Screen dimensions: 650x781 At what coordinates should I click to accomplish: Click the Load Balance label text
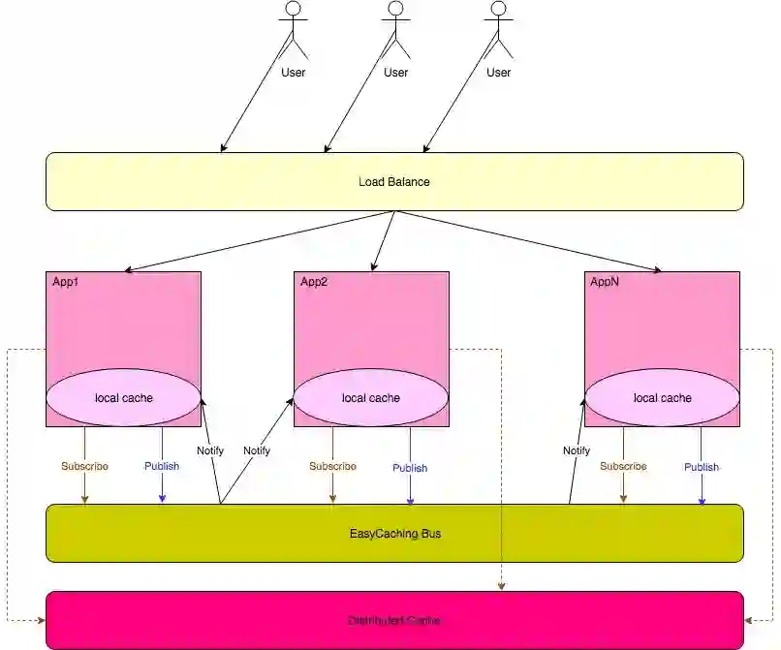[393, 182]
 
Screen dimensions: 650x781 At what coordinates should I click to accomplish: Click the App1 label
[66, 282]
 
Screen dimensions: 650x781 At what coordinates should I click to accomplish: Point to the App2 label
[314, 282]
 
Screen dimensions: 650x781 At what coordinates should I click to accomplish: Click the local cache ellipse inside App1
[123, 397]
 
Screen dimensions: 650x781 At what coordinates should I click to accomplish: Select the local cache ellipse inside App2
[371, 397]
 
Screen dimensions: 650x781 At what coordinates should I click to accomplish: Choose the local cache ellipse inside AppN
[662, 397]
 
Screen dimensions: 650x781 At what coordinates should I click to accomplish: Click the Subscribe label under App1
[84, 466]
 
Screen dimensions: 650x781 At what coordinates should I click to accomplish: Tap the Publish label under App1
[162, 466]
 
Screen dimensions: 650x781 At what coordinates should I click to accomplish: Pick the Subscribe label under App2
[332, 466]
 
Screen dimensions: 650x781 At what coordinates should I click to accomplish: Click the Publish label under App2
[410, 468]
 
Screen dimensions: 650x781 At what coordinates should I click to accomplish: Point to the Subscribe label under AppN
[623, 466]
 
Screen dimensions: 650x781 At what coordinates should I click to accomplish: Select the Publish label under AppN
[702, 467]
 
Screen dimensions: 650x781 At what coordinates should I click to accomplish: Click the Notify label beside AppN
[577, 450]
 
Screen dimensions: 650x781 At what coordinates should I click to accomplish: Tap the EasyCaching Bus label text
[395, 533]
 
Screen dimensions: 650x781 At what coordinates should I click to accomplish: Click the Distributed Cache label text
[395, 620]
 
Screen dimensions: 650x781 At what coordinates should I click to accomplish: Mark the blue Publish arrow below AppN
[702, 489]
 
